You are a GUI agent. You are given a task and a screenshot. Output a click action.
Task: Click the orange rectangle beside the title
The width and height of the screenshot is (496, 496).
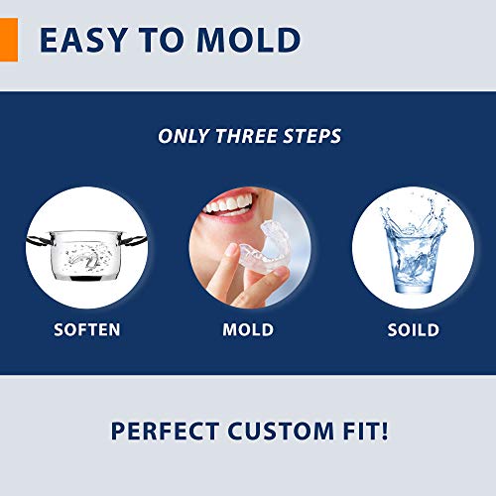tap(8, 40)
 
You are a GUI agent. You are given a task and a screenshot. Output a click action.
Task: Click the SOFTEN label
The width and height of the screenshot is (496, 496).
tap(85, 328)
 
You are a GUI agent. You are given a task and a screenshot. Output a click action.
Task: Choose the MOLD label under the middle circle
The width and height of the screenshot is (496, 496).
tap(249, 328)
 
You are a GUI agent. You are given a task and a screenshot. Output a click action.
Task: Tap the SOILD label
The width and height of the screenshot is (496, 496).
tap(413, 328)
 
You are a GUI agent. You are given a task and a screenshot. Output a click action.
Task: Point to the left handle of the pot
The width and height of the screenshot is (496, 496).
tap(37, 238)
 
